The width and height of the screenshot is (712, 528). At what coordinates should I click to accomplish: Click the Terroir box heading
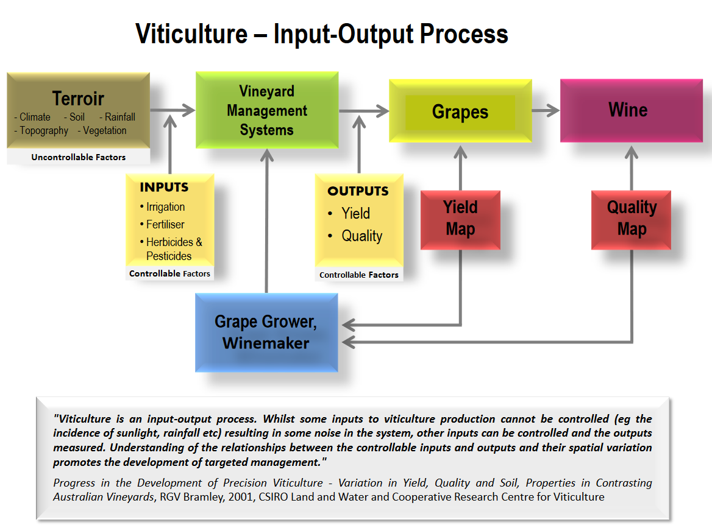point(78,99)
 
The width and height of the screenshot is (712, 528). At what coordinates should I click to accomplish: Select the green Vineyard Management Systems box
point(267,110)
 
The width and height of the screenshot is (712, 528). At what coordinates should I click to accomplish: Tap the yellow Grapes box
point(460,112)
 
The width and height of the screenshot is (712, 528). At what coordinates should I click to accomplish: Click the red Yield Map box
point(460,219)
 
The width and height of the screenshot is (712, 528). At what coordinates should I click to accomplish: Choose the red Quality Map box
point(632,219)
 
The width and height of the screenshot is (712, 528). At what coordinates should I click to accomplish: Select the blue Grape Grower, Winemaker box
point(266,333)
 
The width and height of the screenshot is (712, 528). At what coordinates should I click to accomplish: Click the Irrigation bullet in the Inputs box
point(165,207)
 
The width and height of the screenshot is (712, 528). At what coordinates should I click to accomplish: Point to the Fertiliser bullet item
point(165,224)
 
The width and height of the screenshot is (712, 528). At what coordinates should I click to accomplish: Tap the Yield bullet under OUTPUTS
point(355,214)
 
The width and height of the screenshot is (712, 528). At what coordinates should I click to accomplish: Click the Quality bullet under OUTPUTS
point(361,236)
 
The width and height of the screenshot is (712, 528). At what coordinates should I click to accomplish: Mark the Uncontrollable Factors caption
point(79,157)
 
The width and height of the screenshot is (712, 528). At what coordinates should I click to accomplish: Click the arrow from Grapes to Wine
point(546,111)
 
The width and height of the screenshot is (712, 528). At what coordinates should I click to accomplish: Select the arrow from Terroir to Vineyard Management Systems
point(173,110)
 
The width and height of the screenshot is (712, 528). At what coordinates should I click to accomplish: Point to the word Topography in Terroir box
point(44,130)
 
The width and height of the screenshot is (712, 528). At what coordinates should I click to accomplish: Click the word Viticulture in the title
point(190,33)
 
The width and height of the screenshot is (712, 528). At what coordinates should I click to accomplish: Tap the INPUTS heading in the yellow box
point(164,187)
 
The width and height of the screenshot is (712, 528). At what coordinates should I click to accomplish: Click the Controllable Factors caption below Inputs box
point(169,274)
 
